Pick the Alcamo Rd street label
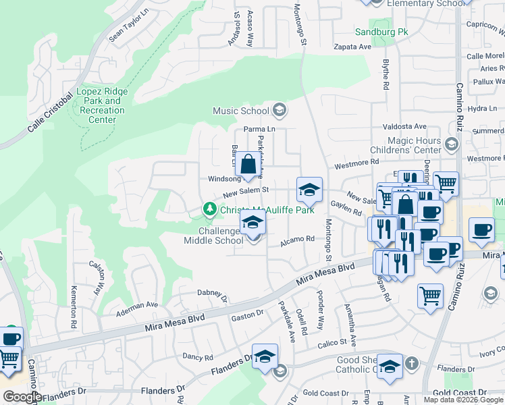[x=298, y=239]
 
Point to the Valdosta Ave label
[x=405, y=126]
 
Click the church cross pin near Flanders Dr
[x=389, y=367]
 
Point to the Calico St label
[x=333, y=343]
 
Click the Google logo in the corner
[x=22, y=397]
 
